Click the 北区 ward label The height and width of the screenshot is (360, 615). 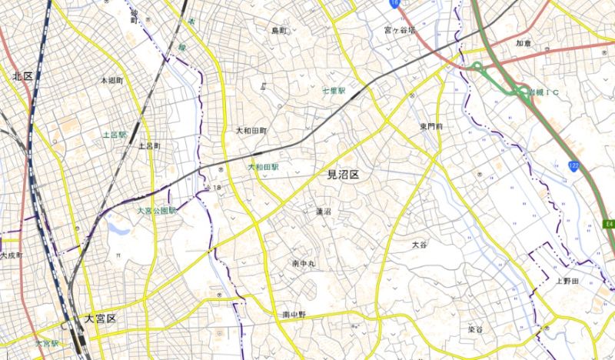(x=22, y=76)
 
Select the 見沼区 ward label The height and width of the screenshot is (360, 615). (x=344, y=175)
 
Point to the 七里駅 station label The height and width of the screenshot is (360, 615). (x=334, y=91)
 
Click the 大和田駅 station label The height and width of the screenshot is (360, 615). (x=263, y=166)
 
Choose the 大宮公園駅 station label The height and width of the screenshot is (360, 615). (x=158, y=210)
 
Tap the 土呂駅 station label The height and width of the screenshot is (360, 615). (x=115, y=134)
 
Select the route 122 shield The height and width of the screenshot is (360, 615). (x=574, y=166)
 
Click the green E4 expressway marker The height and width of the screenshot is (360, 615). (x=607, y=224)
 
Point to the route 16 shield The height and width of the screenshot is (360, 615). (x=394, y=4)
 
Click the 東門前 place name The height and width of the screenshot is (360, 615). (x=433, y=126)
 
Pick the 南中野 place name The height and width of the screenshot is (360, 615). (x=294, y=315)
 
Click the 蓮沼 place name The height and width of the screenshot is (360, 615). (x=324, y=211)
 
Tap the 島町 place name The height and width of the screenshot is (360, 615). (x=278, y=31)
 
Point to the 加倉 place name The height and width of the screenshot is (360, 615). (x=524, y=43)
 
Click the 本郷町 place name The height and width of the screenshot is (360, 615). (x=111, y=80)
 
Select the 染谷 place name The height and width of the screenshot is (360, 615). (x=475, y=329)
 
